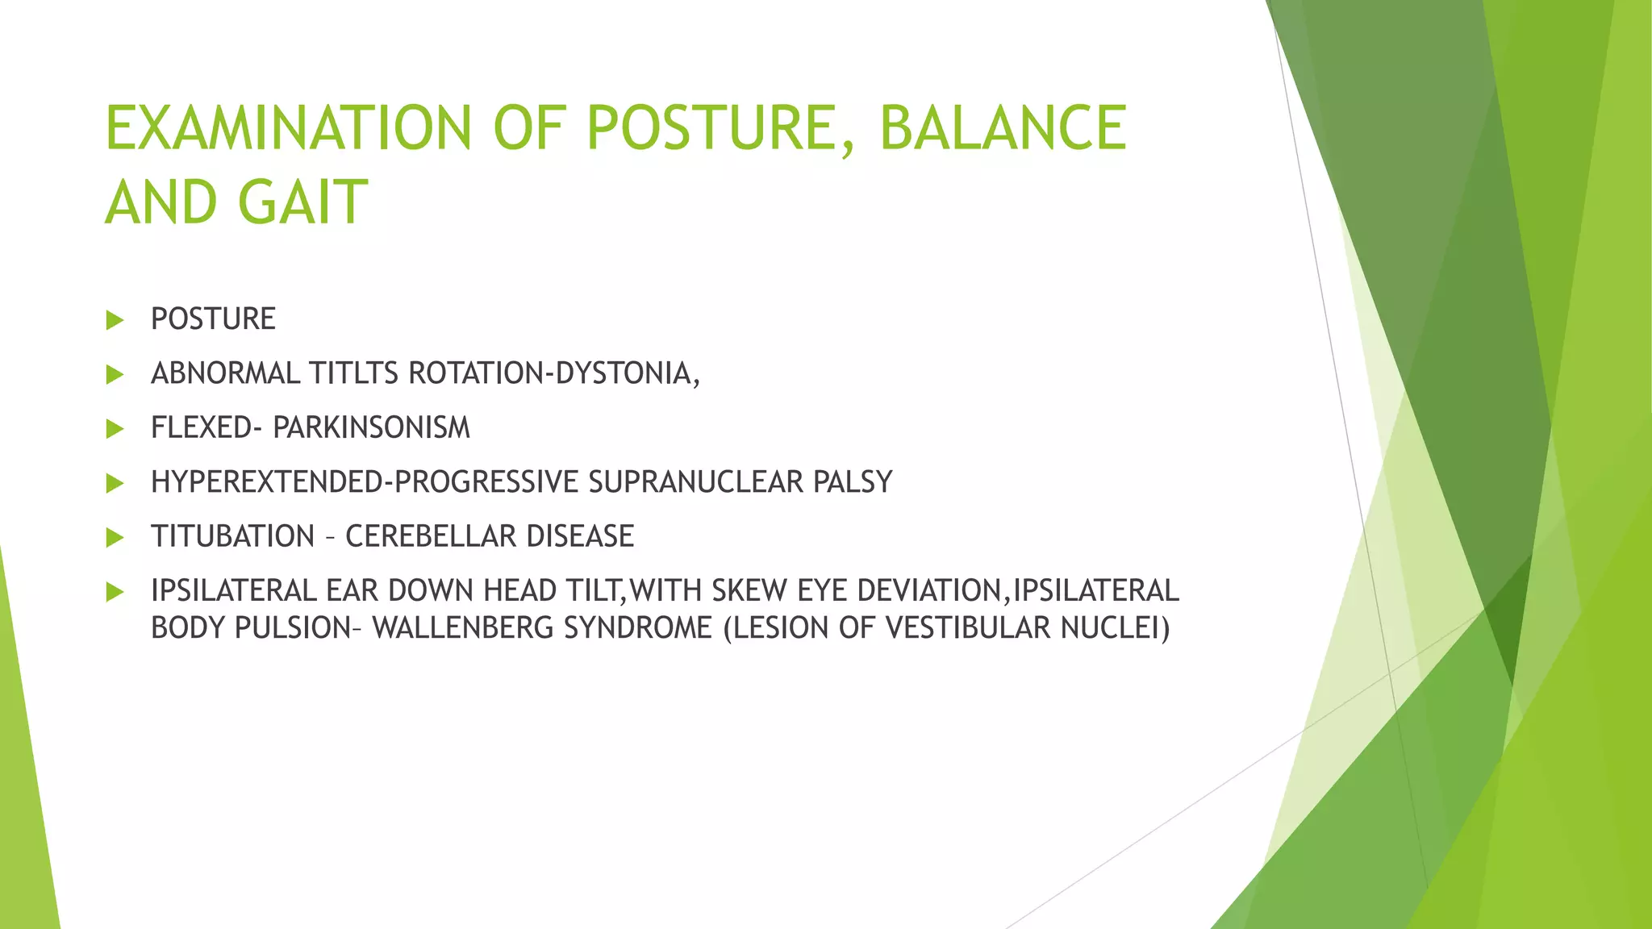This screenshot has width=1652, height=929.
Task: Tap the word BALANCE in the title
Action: [1003, 127]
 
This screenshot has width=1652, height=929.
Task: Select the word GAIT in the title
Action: [303, 202]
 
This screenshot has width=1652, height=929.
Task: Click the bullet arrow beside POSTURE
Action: [115, 320]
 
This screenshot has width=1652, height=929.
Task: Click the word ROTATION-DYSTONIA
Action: [554, 373]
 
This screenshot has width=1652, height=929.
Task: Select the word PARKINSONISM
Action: [371, 427]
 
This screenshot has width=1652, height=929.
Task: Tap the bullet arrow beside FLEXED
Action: [115, 428]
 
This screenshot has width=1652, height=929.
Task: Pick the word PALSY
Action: [853, 481]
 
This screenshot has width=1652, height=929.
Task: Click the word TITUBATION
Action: [232, 536]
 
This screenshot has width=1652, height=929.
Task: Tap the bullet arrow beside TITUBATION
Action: [115, 537]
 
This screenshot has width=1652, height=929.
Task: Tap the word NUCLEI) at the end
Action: [1116, 627]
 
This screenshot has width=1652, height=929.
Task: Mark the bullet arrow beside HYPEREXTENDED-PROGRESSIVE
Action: [115, 483]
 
